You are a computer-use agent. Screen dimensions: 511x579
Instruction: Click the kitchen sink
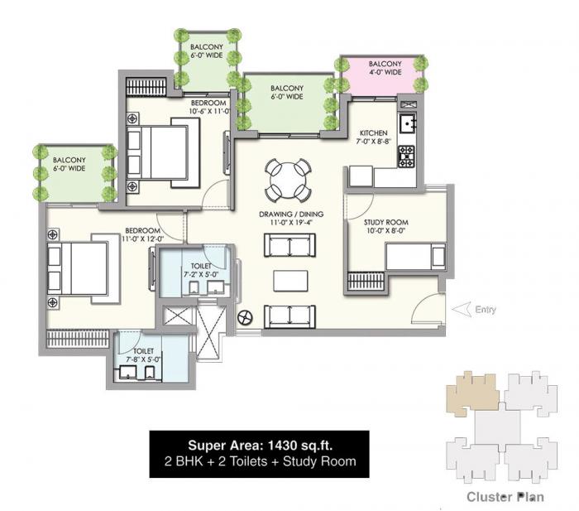(407, 125)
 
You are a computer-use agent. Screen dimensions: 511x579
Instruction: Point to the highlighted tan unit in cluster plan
(471, 393)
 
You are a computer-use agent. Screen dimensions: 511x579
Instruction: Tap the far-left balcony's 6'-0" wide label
(69, 164)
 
